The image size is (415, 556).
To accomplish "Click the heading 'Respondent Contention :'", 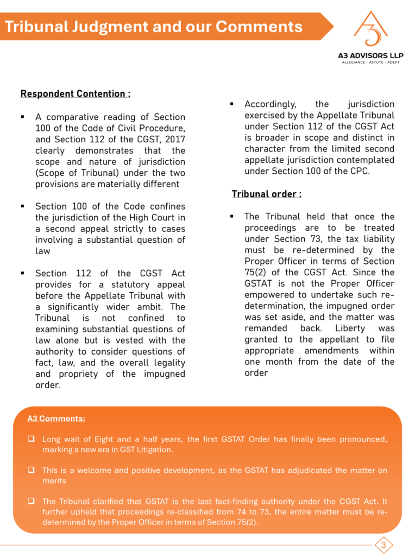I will pos(75,94).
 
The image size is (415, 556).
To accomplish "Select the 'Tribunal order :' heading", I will pos(266,194).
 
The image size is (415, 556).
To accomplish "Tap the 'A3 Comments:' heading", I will pos(56,419).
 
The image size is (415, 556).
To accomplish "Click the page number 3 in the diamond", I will pos(384,545).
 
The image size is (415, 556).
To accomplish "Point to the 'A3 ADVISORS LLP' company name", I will pos(371,56).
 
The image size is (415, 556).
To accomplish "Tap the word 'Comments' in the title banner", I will pos(259,26).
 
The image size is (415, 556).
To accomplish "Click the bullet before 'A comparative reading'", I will pos(22,117).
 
